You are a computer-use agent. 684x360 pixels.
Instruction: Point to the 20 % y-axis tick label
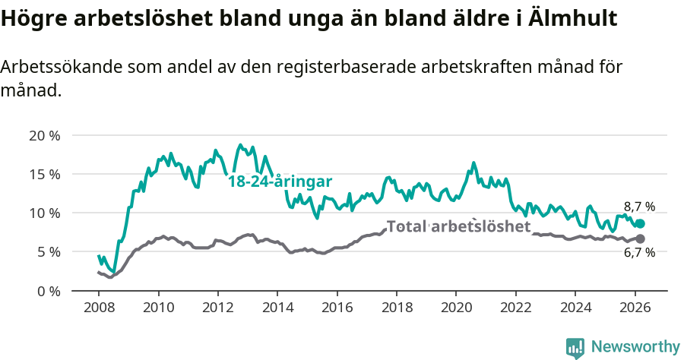tap(44, 136)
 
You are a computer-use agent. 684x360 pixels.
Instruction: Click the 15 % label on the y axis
tap(44, 175)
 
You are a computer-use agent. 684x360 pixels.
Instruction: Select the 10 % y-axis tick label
tap(44, 213)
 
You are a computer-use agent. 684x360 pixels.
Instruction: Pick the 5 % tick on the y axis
tap(47, 252)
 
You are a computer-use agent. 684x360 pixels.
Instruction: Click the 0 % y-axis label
tap(47, 291)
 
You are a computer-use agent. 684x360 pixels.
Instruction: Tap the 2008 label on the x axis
tap(99, 309)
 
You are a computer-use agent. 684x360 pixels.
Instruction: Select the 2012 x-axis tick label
tap(218, 309)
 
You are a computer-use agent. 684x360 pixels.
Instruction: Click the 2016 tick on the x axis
tap(337, 309)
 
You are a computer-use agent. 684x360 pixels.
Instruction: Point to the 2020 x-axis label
tap(457, 309)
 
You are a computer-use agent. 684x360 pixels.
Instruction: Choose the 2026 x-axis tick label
tap(635, 309)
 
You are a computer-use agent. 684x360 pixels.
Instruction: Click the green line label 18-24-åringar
tap(280, 182)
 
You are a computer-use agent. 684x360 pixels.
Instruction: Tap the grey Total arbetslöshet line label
tap(458, 226)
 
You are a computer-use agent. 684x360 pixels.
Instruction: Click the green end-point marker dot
tap(640, 224)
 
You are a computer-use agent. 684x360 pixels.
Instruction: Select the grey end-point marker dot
tap(640, 238)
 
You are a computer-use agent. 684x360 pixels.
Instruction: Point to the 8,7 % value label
tap(639, 207)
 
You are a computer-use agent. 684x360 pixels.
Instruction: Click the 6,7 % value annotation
tap(639, 253)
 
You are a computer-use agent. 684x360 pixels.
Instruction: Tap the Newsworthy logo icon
tap(575, 348)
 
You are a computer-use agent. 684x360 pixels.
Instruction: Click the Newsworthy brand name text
tap(635, 347)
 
